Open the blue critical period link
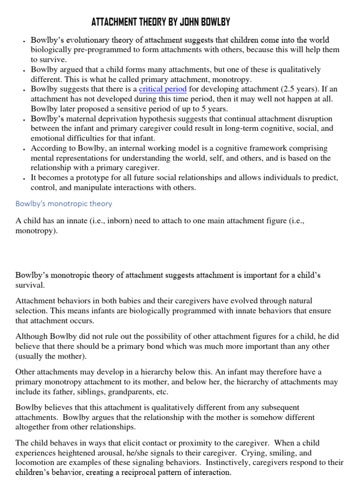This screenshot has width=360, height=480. (163, 89)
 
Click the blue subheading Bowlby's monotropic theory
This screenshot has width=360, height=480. (64, 204)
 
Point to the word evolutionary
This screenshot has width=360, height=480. (89, 40)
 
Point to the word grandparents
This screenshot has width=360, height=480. (130, 392)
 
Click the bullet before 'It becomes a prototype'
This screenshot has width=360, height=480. (23, 179)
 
